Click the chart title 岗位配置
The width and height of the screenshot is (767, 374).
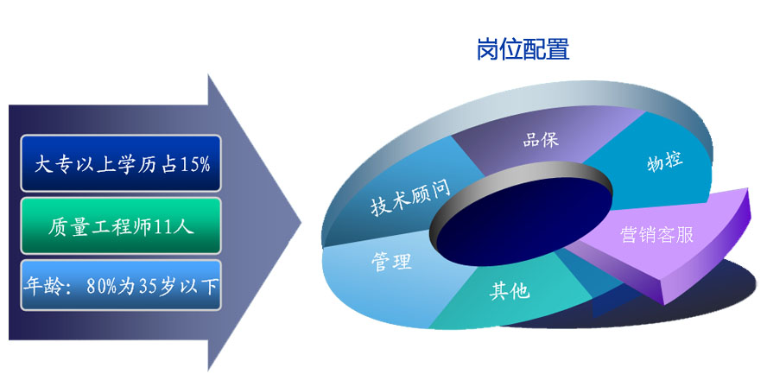pos(523,49)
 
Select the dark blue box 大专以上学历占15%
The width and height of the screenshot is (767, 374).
pos(121,162)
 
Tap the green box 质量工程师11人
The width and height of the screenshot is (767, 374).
pos(121,225)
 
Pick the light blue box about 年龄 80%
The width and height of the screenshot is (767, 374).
pos(121,286)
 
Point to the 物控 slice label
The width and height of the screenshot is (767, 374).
pos(664,162)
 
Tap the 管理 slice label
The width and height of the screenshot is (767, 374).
pos(390,262)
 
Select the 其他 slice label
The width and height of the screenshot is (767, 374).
pos(510,291)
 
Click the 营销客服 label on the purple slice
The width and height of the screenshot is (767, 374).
pos(657,235)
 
